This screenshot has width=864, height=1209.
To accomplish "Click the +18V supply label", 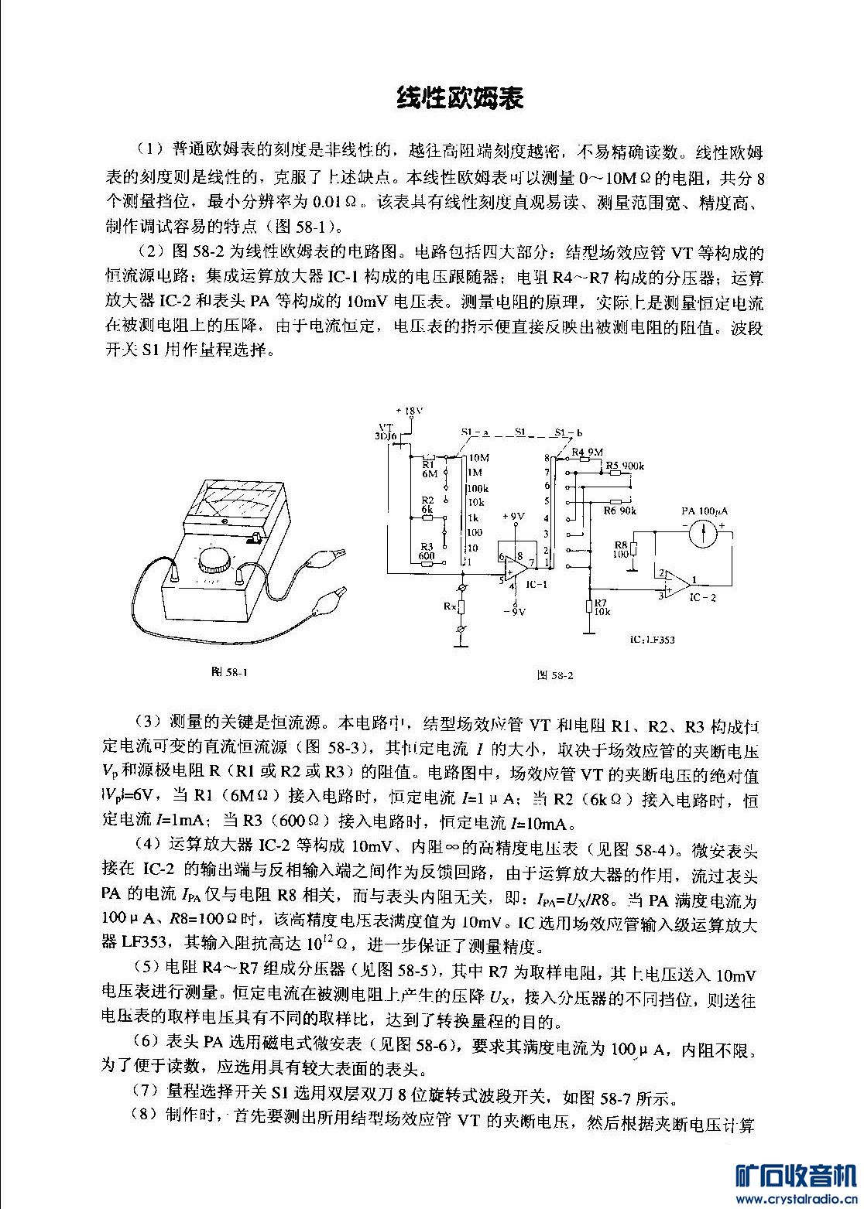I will (x=410, y=410).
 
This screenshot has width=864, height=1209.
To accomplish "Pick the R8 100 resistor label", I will (x=621, y=549).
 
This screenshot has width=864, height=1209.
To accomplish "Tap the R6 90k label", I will (x=620, y=511).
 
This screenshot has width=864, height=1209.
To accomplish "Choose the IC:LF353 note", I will (x=653, y=640).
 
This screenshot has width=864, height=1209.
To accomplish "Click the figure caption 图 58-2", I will (x=555, y=675).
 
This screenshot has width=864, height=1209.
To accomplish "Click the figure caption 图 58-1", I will (x=230, y=671).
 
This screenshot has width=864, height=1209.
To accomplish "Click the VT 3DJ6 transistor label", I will (x=385, y=432).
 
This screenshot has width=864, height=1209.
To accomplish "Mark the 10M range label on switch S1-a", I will (x=478, y=458).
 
